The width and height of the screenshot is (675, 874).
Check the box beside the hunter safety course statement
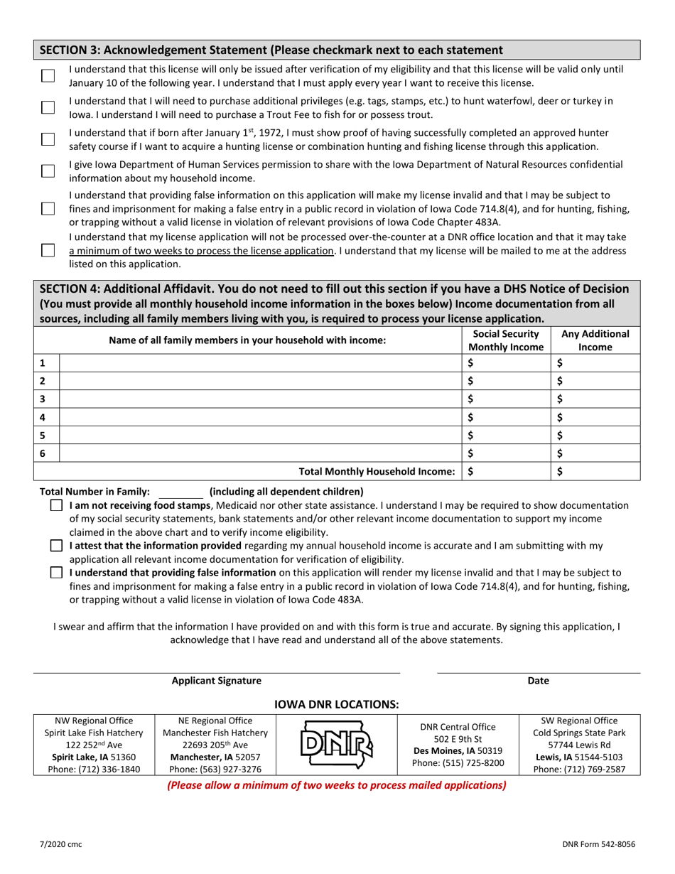coord(48,139)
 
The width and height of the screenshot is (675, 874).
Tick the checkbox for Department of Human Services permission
coord(48,171)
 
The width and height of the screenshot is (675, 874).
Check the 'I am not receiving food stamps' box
coord(57,505)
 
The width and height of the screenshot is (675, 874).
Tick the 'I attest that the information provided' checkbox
coord(57,546)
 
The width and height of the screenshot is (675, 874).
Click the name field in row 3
coord(260,398)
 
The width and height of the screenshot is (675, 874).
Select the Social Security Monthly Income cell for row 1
coord(507,362)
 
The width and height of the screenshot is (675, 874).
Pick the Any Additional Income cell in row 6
coord(595,453)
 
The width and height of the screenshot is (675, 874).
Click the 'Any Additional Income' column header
coord(595,340)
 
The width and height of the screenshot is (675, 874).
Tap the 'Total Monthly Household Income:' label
coord(377,471)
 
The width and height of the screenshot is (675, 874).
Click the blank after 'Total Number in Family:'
coord(180,491)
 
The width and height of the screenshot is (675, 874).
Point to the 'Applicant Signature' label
coord(217,681)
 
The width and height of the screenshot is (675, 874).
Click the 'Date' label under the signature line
coord(538,681)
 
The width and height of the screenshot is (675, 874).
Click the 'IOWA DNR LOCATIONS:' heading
coord(337,704)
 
